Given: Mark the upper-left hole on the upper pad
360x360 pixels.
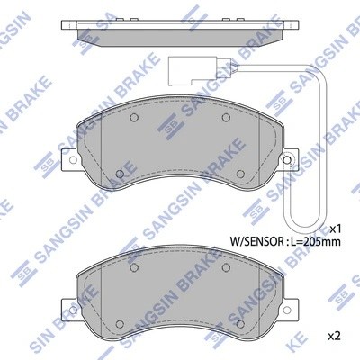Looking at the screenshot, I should [x=132, y=118].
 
